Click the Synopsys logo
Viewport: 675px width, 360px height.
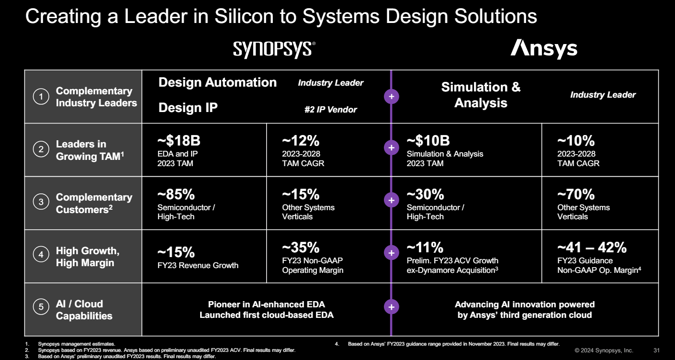(x=274, y=49)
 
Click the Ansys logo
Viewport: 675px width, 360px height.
(x=543, y=49)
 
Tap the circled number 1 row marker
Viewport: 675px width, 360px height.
(x=41, y=97)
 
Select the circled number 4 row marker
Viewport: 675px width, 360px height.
(x=41, y=255)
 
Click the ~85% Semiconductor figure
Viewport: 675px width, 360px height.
(x=176, y=194)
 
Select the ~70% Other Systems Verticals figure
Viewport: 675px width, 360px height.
(x=576, y=194)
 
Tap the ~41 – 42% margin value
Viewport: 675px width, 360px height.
(x=592, y=247)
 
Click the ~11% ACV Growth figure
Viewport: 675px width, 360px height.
(x=425, y=247)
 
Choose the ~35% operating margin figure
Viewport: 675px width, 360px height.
(x=300, y=247)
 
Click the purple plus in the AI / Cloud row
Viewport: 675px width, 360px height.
(x=391, y=307)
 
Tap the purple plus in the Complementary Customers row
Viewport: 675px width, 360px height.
(x=391, y=200)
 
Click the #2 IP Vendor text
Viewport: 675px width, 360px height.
(x=330, y=110)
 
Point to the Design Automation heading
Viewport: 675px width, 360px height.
(x=217, y=82)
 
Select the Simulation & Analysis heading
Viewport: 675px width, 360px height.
(x=481, y=95)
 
